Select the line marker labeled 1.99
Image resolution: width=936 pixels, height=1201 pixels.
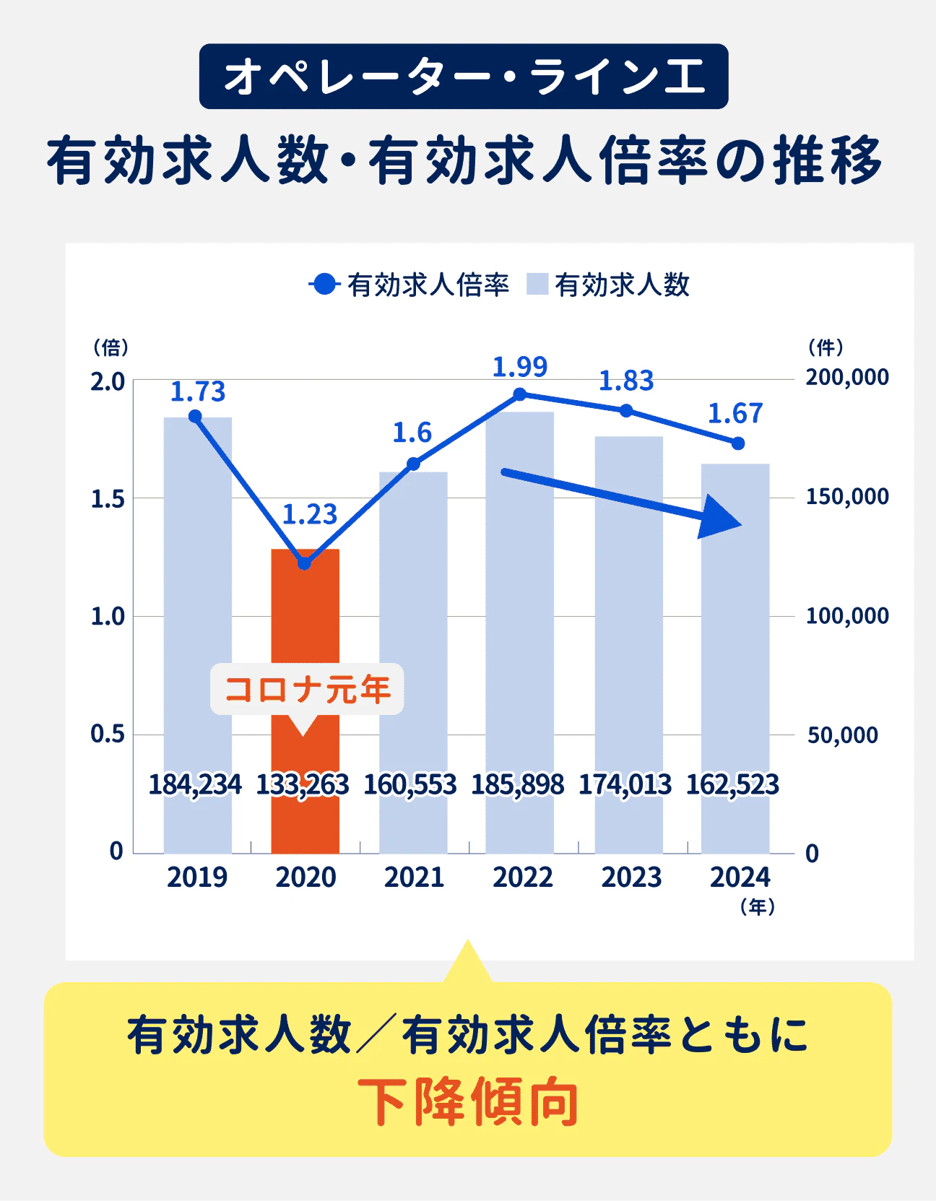coord(520,394)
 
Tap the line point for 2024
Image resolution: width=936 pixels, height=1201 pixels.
coord(737,443)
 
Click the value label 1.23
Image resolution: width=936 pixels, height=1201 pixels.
coord(309,514)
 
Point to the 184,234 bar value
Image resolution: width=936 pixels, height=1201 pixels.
coord(195,784)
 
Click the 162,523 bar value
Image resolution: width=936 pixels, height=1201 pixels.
coord(732,784)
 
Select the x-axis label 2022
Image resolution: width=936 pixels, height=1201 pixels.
coord(523,877)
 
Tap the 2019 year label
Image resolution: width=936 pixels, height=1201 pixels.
coord(197,877)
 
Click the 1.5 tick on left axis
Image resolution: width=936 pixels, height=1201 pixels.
coord(108,499)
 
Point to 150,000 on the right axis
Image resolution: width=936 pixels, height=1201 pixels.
coord(847,497)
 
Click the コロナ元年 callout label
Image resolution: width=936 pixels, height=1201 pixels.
coord(307,689)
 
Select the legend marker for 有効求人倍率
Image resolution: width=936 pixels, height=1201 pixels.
coord(325,285)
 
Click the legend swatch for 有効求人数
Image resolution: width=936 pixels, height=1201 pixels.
coord(537,285)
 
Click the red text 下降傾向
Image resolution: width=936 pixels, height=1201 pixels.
coord(468,1102)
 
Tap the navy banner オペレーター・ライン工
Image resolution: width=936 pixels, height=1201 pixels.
coord(464,77)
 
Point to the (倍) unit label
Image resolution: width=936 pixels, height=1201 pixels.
coord(111,347)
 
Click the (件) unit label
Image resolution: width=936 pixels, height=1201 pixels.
coord(825,347)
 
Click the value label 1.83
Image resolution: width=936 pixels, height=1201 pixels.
coord(626,381)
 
